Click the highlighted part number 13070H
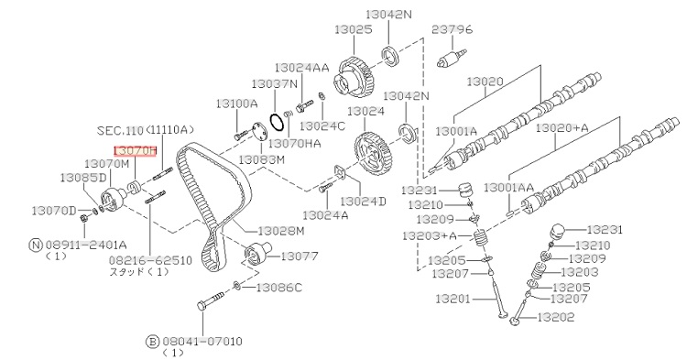135,150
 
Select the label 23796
453,29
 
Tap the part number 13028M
281,231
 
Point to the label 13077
300,256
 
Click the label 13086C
279,288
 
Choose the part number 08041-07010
202,341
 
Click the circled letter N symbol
36,245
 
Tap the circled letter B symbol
152,341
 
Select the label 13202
556,317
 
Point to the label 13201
453,300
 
